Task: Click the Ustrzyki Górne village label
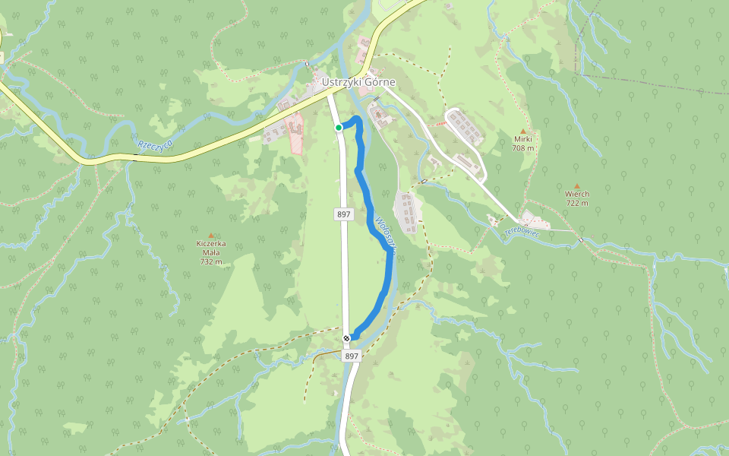tap(358, 82)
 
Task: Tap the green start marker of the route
tap(339, 128)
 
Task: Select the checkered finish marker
tap(348, 337)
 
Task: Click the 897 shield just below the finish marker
tap(351, 356)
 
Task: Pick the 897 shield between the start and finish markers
tap(343, 215)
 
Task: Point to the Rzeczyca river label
tap(155, 142)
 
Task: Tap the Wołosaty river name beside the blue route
tap(384, 233)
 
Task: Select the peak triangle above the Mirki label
tap(523, 131)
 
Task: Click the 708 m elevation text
tap(523, 148)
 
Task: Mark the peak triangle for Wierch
tap(577, 186)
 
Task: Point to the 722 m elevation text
tap(577, 203)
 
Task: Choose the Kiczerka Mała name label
tap(210, 249)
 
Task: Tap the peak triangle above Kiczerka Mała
tap(211, 236)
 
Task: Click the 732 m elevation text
tap(211, 261)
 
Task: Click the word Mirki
tap(523, 140)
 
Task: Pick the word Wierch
tap(577, 194)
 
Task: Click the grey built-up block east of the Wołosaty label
tap(409, 213)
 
